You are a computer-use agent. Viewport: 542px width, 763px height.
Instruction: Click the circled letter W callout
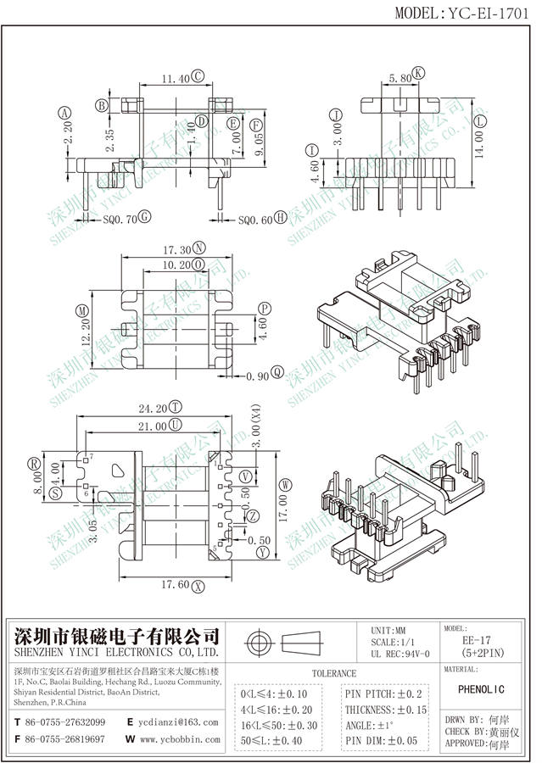pyautogui.click(x=286, y=483)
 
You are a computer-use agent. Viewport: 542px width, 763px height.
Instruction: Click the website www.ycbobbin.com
pyautogui.click(x=181, y=739)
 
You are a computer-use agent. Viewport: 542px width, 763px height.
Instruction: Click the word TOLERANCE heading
pyautogui.click(x=334, y=673)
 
